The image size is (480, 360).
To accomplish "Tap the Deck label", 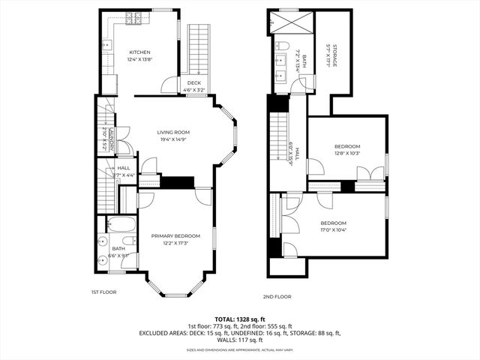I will [193, 82].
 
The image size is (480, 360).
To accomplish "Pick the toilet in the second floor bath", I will [283, 46].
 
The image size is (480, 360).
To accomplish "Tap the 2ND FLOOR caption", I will [277, 296].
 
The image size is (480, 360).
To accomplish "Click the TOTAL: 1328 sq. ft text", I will [240, 319].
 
